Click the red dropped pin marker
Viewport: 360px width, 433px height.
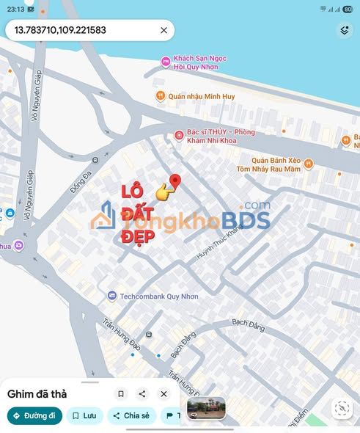pyautogui.click(x=175, y=181)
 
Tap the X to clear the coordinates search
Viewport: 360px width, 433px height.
pyautogui.click(x=164, y=31)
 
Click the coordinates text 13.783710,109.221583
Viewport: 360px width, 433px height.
pyautogui.click(x=60, y=31)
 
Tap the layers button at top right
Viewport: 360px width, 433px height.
pyautogui.click(x=345, y=30)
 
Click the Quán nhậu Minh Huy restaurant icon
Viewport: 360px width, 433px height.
pyautogui.click(x=159, y=95)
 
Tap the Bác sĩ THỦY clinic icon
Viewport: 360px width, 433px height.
pyautogui.click(x=179, y=134)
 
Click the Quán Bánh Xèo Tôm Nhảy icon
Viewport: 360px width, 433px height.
pyautogui.click(x=309, y=164)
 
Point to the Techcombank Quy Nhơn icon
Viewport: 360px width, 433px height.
pyautogui.click(x=111, y=295)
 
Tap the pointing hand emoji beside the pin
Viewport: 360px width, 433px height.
pyautogui.click(x=166, y=192)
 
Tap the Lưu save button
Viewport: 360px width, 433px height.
pyautogui.click(x=84, y=415)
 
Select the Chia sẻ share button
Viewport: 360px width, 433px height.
pyautogui.click(x=131, y=415)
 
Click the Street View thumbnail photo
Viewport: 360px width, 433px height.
pyautogui.click(x=206, y=408)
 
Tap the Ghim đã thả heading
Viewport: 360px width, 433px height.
pyautogui.click(x=37, y=394)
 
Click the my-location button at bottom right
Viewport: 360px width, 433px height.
pyautogui.click(x=342, y=409)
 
